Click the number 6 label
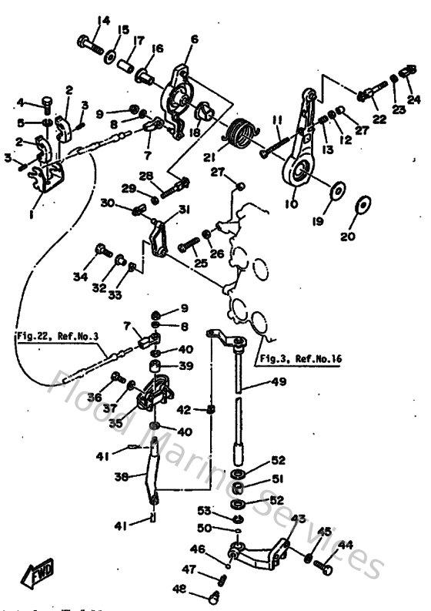pyautogui.click(x=193, y=39)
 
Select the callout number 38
pyautogui.click(x=120, y=477)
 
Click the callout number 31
pyautogui.click(x=184, y=210)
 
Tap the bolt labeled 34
pyautogui.click(x=101, y=249)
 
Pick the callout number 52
pyautogui.click(x=278, y=461)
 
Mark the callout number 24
pyautogui.click(x=414, y=99)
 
